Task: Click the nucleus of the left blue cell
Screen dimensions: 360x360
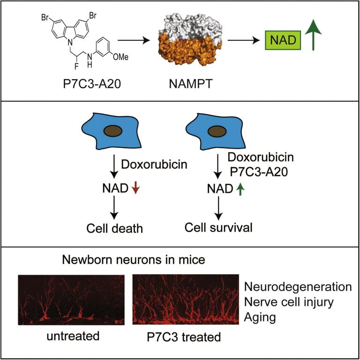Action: click(111, 132)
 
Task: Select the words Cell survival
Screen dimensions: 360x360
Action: click(218, 229)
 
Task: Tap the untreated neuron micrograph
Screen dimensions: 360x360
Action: click(71, 300)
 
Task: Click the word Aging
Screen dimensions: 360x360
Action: click(259, 317)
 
